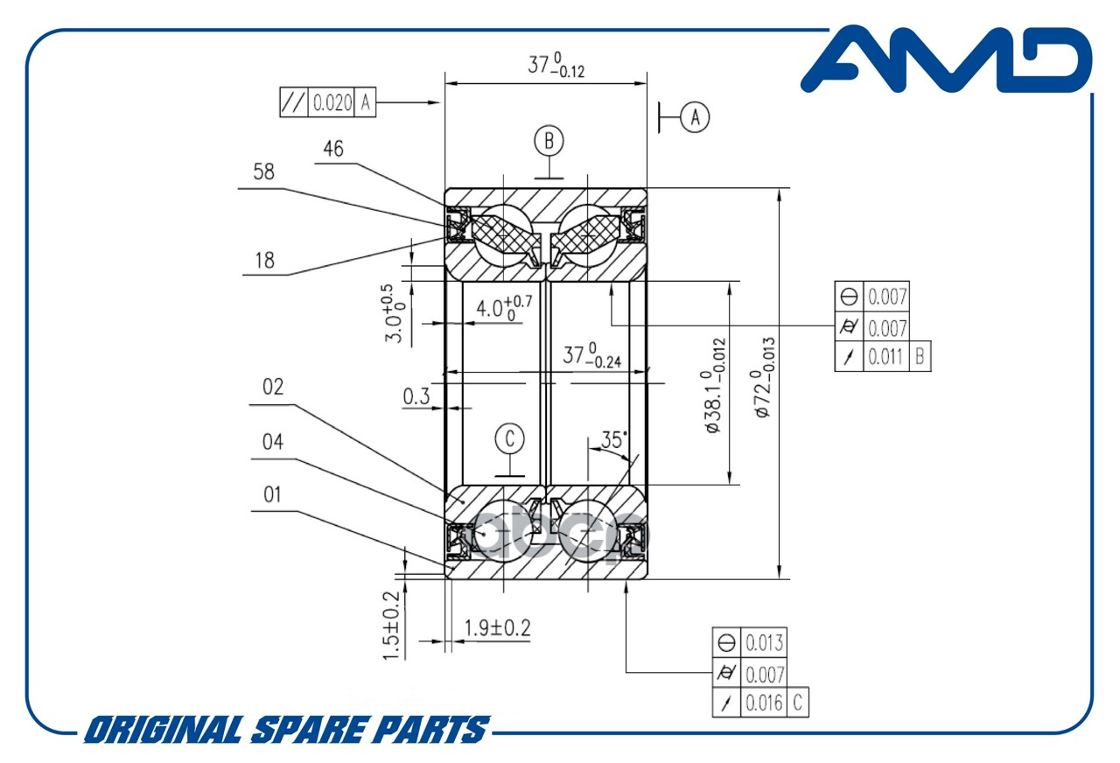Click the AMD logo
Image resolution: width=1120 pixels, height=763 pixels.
tap(947, 59)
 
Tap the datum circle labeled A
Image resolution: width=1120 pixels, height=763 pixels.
tap(695, 116)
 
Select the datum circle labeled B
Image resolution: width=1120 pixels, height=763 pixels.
tap(549, 140)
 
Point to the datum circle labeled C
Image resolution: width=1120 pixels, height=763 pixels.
tap(510, 437)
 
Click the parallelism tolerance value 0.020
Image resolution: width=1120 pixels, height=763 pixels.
tap(332, 103)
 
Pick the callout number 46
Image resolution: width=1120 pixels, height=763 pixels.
tap(332, 149)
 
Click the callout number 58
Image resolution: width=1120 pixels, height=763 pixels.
tap(263, 172)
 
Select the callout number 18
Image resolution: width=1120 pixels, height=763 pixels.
tap(263, 260)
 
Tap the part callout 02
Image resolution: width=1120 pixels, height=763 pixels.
tap(273, 388)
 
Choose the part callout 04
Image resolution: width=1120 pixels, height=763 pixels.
tap(273, 442)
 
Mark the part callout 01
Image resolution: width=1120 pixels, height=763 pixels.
tap(272, 495)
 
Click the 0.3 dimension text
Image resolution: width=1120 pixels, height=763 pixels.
tap(416, 397)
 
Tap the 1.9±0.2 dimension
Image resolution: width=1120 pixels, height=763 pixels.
tap(497, 627)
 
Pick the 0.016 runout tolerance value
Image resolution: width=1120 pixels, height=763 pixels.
tap(765, 703)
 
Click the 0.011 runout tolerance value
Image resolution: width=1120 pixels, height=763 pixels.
tap(886, 357)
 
